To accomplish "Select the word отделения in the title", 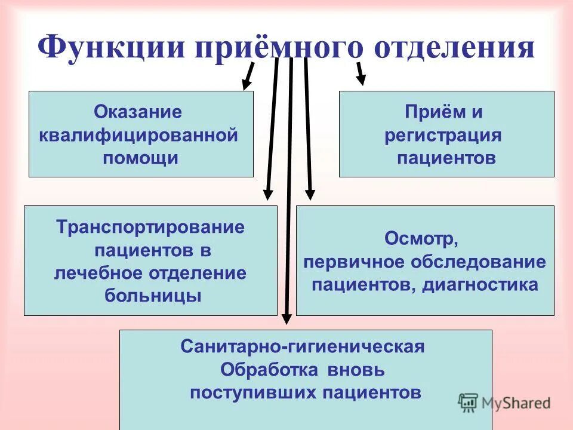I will (x=454, y=47).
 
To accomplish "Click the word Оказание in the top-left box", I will (x=138, y=112).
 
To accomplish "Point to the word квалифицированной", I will (x=138, y=135).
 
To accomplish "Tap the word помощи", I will (x=140, y=158).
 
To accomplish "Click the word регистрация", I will (x=443, y=135).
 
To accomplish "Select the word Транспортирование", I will (x=150, y=228).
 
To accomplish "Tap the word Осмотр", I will (x=421, y=239).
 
